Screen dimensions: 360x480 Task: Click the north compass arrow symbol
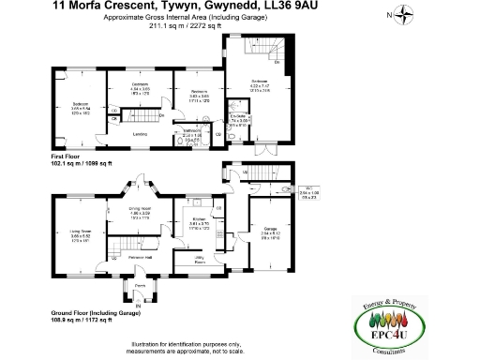click(x=404, y=14)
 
